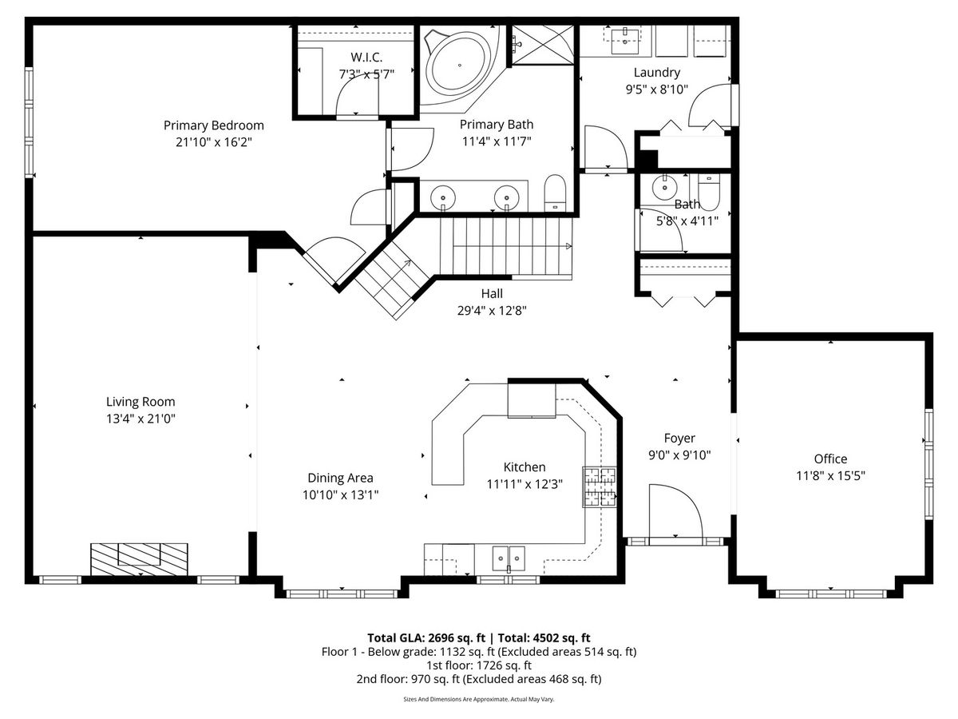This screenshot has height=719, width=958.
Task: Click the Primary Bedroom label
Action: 213,125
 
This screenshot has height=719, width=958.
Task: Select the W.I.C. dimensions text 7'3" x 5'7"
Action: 366,74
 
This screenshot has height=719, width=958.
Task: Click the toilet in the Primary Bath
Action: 555,193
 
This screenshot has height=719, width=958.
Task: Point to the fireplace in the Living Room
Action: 139,559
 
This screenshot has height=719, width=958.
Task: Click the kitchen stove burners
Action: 600,487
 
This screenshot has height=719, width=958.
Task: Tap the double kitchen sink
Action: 509,558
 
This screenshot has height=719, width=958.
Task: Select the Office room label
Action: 830,459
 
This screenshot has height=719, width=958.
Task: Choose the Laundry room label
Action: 657,73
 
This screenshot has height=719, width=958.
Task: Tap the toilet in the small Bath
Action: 708,193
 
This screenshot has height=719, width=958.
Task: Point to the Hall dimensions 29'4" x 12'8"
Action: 492,311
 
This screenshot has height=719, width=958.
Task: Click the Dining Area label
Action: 340,478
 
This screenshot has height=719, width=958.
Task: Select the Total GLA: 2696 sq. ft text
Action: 426,638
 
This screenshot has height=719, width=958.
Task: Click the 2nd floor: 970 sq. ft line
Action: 479,679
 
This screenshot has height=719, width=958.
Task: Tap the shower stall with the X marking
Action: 543,46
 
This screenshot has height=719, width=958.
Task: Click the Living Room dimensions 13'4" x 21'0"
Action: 141,419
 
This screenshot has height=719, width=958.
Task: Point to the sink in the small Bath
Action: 665,187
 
